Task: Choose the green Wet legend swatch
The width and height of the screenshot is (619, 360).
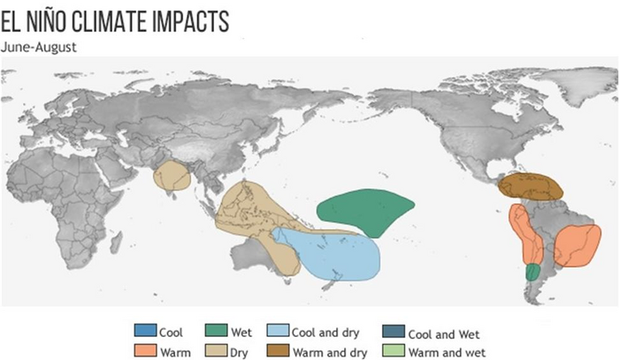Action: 216,333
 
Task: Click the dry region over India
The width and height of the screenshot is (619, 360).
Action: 172,176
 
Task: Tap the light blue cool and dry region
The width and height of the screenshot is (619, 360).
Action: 336,257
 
